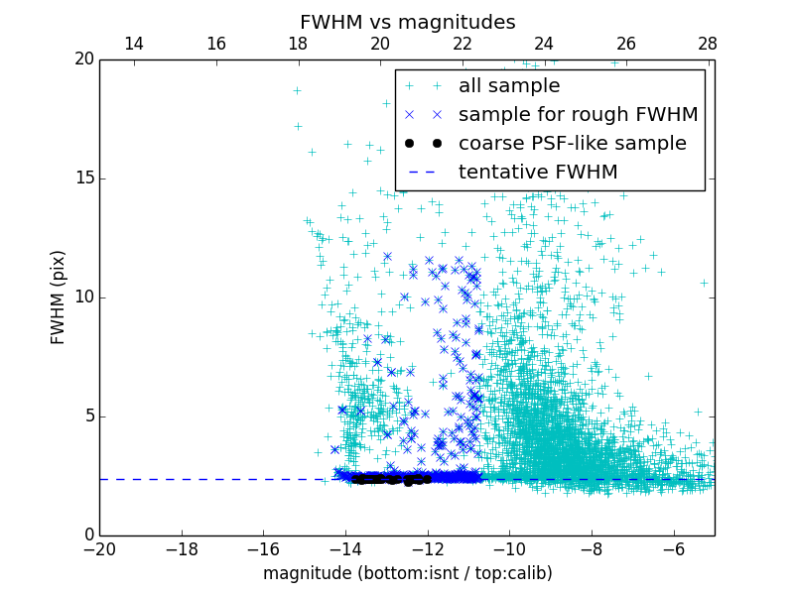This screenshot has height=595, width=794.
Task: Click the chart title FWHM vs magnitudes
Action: point(407,22)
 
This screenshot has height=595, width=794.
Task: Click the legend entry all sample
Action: point(508,86)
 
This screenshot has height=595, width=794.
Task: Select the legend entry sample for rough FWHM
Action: point(578,115)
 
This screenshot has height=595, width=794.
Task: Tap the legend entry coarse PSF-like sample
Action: point(572,144)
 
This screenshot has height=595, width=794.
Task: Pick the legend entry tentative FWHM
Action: point(537,173)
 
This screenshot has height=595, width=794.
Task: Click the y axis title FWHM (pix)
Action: point(58,297)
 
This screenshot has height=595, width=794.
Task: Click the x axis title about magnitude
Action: point(407,573)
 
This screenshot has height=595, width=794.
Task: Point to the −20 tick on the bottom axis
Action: point(99,548)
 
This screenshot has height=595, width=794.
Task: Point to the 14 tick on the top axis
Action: point(133,44)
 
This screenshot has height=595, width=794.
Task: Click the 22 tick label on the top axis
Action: point(462,44)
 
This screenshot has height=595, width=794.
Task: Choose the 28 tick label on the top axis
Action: point(708,44)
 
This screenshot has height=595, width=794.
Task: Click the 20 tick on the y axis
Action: point(83,59)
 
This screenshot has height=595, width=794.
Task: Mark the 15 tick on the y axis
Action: point(83,178)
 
